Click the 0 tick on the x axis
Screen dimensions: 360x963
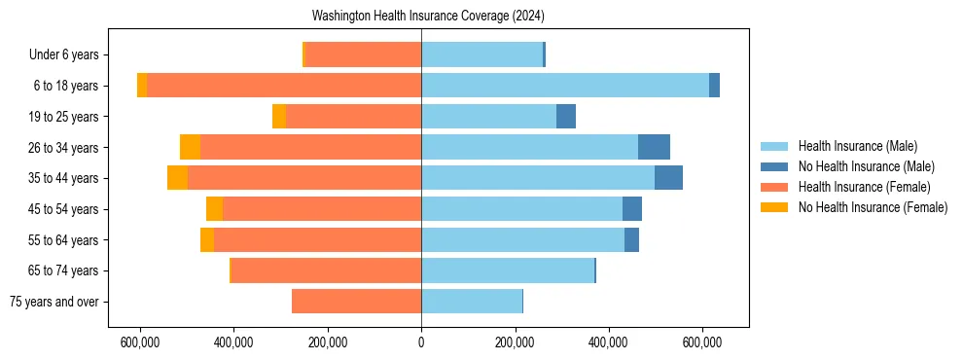(x=421, y=343)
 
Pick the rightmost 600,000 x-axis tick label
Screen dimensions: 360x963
(x=701, y=343)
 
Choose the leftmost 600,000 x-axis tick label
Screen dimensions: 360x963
(x=141, y=343)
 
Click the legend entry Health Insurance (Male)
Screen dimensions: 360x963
(x=857, y=146)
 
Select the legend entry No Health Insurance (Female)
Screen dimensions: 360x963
(x=873, y=207)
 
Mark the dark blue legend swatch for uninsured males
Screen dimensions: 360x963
(x=774, y=166)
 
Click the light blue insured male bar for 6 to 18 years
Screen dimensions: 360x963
(x=564, y=86)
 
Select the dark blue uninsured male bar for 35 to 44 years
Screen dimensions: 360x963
(x=668, y=178)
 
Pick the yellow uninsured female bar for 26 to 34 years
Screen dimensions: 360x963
(x=191, y=147)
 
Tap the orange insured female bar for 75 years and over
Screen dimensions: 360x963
(x=356, y=302)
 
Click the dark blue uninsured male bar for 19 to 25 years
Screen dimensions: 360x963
(x=566, y=117)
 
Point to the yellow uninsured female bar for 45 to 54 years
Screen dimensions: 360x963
(x=214, y=209)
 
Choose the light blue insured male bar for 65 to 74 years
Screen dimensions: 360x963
(x=507, y=270)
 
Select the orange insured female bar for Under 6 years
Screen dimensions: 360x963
(x=363, y=54)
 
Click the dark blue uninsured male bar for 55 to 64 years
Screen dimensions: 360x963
(x=631, y=239)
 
